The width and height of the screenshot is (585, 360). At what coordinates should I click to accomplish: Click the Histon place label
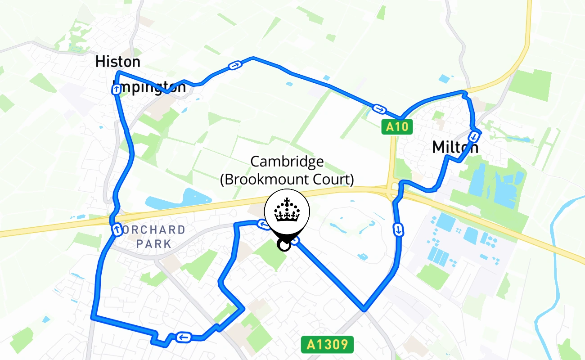(118, 62)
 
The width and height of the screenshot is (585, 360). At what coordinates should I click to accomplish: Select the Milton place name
(454, 147)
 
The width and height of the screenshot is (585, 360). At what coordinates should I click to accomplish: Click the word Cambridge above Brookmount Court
(287, 162)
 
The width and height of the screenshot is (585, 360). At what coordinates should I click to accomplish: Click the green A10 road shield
(397, 127)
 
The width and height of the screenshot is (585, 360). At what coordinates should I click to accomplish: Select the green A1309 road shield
(327, 345)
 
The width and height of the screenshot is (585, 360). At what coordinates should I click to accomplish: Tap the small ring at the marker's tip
(283, 245)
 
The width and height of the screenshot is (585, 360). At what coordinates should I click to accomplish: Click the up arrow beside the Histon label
(116, 90)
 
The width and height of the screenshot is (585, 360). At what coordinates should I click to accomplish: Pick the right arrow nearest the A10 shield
(379, 109)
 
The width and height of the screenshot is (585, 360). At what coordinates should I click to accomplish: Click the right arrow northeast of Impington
(234, 66)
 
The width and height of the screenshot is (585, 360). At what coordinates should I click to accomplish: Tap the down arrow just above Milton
(474, 135)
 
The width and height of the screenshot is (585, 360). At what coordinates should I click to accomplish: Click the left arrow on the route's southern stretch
(183, 337)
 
